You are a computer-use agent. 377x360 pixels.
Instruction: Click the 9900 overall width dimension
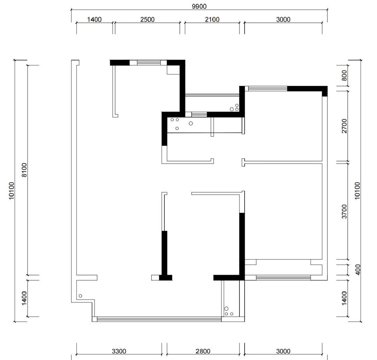199,6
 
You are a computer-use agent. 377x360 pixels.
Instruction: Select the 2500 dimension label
147,20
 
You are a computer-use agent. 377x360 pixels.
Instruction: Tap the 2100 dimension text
212,20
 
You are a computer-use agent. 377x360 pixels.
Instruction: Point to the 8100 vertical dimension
24,170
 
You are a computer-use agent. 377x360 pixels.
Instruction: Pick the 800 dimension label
344,75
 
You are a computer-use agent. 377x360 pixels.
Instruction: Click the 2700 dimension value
344,126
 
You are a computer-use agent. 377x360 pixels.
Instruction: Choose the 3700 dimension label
344,211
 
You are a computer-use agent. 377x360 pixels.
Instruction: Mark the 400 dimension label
358,270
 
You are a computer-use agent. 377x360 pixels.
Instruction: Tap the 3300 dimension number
119,351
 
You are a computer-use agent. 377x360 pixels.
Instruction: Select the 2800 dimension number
203,351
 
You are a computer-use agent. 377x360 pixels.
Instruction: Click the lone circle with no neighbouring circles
80,296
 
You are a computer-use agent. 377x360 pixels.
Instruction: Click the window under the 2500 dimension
149,63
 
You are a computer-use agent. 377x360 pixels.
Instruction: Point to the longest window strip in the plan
159,319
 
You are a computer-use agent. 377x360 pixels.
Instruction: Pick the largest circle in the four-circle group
191,123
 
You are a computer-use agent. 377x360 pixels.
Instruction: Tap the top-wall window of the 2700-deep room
268,89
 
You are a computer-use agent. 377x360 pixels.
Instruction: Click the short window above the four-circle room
199,114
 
